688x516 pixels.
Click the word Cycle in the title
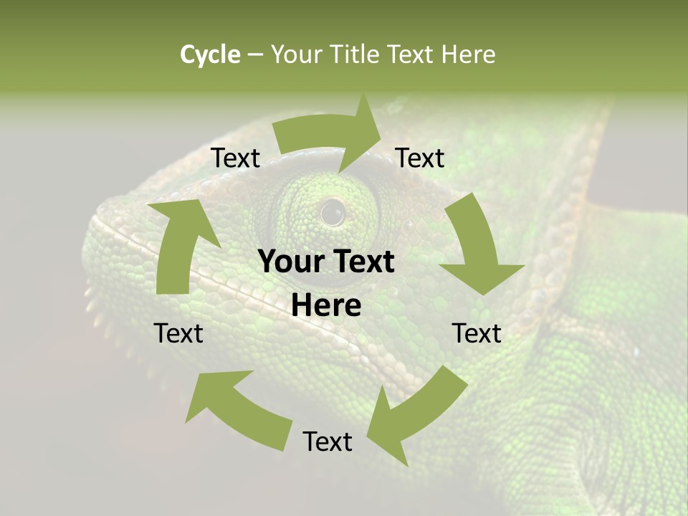(x=210, y=54)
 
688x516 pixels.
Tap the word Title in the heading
(x=355, y=54)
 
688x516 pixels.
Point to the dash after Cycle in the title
(x=255, y=54)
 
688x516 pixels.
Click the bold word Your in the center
(x=289, y=262)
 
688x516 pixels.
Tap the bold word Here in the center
(x=326, y=306)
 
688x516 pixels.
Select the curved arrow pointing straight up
(x=179, y=244)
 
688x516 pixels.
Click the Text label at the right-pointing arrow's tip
(x=420, y=158)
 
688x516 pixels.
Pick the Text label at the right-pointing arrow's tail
(x=236, y=158)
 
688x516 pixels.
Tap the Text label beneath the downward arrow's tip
(x=477, y=333)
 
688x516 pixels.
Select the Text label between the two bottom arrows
(x=328, y=441)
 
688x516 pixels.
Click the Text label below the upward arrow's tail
(x=178, y=333)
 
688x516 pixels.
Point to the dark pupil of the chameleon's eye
(x=332, y=212)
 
